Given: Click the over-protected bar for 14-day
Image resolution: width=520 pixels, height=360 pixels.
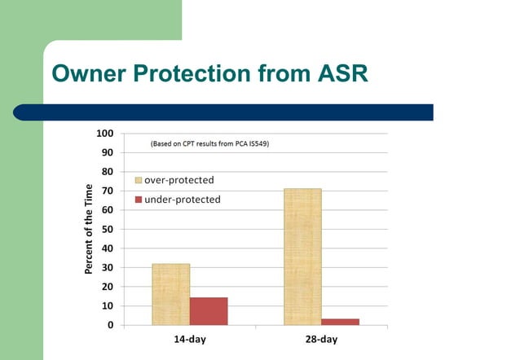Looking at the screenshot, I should click(x=170, y=294).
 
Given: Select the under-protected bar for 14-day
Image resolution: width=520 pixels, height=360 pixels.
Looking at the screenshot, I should click(x=209, y=311).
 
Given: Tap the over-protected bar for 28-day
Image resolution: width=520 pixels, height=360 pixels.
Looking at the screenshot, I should click(x=302, y=257).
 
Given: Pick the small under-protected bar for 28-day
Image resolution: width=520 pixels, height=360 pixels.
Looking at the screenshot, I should click(x=340, y=322).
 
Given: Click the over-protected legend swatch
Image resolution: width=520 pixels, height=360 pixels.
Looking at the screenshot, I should click(x=139, y=180).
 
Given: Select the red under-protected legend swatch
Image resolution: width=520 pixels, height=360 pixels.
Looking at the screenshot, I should click(x=139, y=200).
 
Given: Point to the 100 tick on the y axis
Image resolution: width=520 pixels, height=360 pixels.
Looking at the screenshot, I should click(x=105, y=134).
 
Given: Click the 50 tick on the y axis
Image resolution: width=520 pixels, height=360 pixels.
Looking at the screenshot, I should click(x=108, y=230).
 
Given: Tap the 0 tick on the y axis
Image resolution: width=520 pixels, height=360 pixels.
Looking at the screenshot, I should click(x=110, y=326).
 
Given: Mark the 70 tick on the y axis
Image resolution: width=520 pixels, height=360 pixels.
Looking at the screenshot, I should click(x=108, y=191).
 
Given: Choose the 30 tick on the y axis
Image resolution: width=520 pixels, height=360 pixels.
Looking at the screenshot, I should click(x=108, y=268).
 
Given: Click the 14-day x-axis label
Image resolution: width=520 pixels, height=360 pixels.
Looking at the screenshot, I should click(x=189, y=340).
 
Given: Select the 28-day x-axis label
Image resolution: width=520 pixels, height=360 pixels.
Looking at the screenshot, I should click(x=321, y=340).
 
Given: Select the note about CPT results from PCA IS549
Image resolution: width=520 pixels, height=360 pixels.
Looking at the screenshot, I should click(x=209, y=143).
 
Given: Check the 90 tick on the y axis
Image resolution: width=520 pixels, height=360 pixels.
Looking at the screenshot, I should click(x=108, y=153).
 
